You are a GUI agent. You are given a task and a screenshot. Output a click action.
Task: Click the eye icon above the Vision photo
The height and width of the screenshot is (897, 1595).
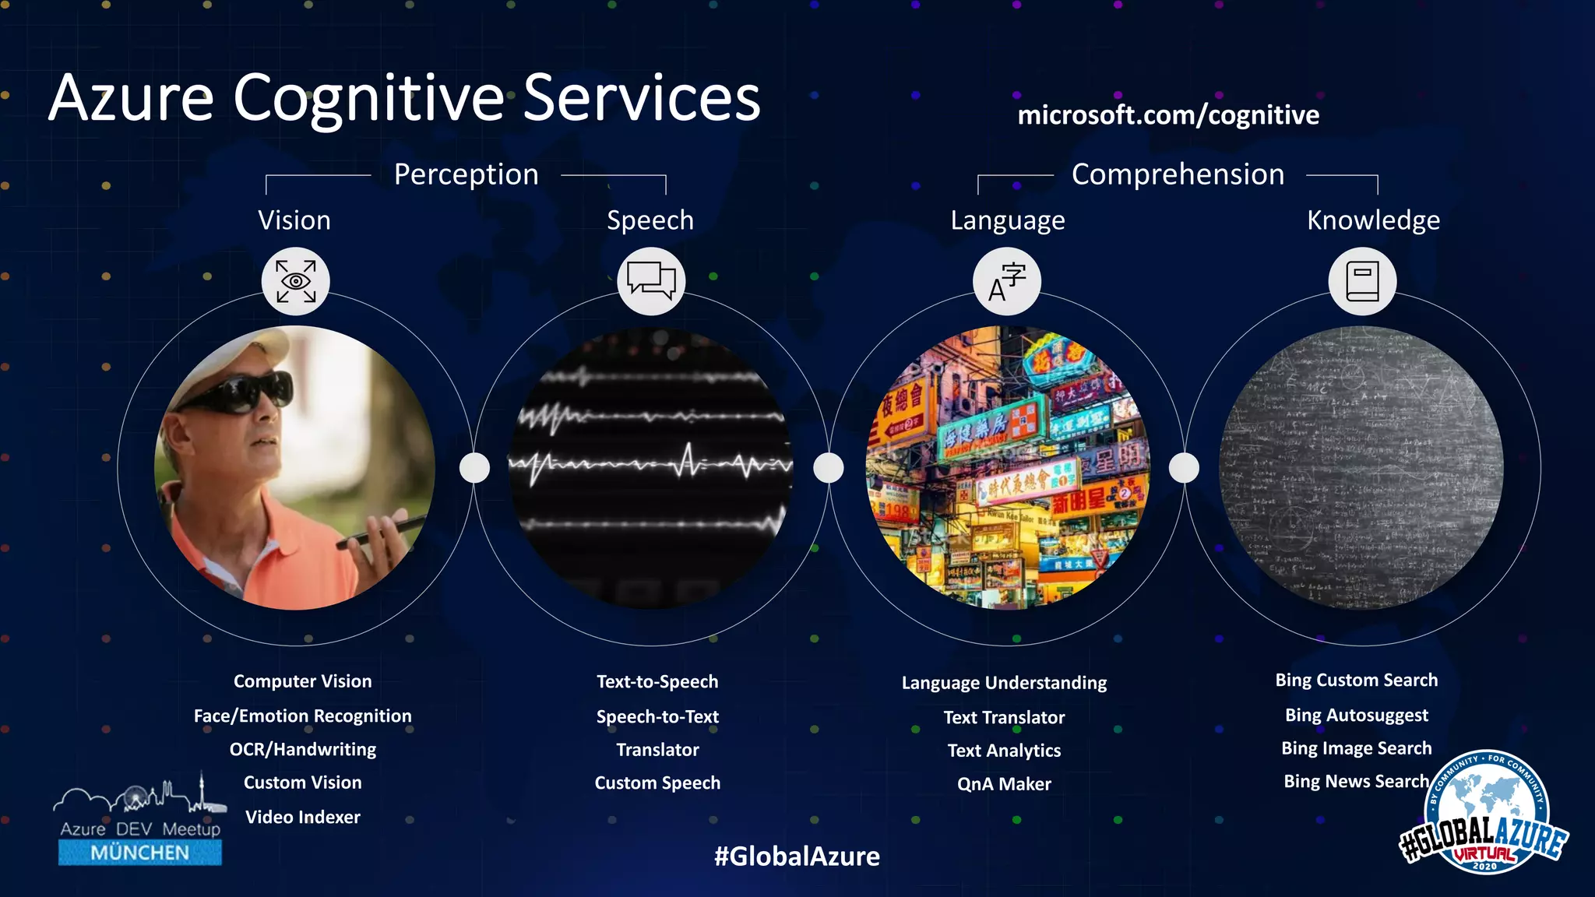point(296,281)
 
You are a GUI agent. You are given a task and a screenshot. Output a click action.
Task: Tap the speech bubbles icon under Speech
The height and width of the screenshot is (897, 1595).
point(651,281)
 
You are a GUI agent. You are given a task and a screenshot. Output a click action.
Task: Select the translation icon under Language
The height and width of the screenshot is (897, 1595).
point(1007,281)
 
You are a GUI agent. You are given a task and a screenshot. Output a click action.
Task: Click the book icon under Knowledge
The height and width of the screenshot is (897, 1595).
point(1362,281)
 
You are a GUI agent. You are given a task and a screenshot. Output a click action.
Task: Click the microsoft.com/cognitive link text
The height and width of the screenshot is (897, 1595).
point(1168,115)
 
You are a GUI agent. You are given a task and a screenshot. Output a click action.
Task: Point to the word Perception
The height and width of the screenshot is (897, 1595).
point(466,174)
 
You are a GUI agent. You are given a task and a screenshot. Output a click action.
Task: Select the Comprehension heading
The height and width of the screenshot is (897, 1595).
point(1178,174)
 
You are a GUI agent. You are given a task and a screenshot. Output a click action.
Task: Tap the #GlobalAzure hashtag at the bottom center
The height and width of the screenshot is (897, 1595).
point(797,856)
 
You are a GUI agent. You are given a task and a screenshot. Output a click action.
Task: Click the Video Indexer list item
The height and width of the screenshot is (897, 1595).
point(303,817)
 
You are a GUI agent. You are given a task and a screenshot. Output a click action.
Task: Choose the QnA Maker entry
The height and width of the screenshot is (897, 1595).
point(1004,784)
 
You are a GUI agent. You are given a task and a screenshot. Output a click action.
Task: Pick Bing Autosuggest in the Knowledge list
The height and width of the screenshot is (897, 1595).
point(1356,715)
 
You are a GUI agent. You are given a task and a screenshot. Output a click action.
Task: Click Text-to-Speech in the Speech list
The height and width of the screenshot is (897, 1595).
point(657,681)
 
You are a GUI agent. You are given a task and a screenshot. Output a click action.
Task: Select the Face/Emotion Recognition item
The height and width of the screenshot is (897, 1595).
point(303,716)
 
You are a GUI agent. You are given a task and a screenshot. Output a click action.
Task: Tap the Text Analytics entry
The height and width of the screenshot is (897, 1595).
point(1004,751)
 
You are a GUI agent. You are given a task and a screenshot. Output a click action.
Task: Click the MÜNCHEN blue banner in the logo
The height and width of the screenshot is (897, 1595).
point(140,853)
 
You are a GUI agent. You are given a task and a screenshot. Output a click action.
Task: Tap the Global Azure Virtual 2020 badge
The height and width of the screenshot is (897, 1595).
point(1484,814)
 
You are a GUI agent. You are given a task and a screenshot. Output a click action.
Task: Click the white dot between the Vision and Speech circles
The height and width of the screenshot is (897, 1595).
point(474,468)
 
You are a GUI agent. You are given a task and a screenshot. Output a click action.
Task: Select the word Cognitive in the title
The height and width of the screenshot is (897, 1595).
point(369,99)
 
